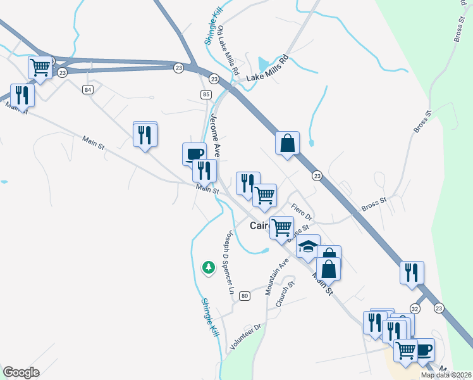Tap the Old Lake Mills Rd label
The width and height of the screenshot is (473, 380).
[x=228, y=51]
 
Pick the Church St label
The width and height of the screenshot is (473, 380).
[x=282, y=294]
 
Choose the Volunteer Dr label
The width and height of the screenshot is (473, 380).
[x=246, y=338]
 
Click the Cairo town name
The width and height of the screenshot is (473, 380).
[x=261, y=225]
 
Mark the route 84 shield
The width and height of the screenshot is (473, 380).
[x=87, y=90]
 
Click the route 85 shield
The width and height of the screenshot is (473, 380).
[x=206, y=94]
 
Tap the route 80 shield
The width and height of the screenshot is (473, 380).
[x=245, y=296]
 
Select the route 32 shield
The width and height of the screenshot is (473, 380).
[x=415, y=308]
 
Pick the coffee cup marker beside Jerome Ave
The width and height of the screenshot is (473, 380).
[x=194, y=153]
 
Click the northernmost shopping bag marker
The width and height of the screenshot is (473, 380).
[x=287, y=142]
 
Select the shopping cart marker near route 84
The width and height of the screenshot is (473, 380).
[x=40, y=66]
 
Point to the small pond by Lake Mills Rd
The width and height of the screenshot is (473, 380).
[x=262, y=64]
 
